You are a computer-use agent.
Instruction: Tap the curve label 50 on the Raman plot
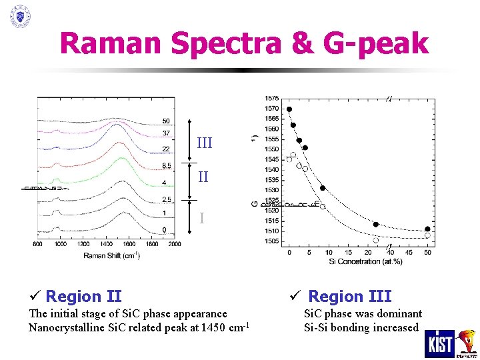coord(166,121)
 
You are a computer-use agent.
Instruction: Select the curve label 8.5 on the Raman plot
coord(167,165)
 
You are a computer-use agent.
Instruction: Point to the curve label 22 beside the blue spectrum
coord(166,149)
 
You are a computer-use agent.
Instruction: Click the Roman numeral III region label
coord(205,143)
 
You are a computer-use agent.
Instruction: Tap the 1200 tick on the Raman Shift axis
coord(83,245)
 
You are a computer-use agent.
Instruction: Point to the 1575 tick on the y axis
coord(271,99)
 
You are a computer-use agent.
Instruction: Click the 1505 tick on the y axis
coord(271,241)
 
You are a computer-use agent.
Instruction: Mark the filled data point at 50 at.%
coord(427,229)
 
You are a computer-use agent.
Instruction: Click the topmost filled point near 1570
coord(289,109)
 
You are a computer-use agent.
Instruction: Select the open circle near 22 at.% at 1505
coord(376,240)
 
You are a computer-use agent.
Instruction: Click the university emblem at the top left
coord(21,16)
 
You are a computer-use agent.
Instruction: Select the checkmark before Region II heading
coord(34,296)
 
